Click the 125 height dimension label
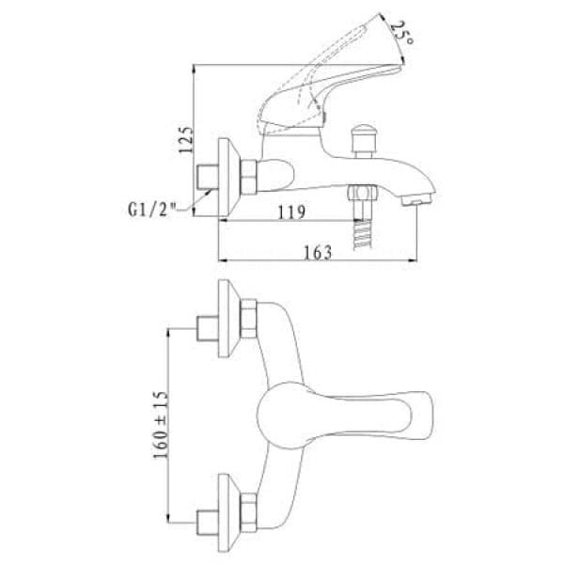coord(186,140)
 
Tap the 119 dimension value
coord(291,212)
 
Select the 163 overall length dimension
coord(318,252)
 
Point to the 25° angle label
coord(401,33)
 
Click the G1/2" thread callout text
coord(152,210)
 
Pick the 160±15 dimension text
coord(161,425)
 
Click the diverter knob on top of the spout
coord(363,140)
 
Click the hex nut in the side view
coord(248,177)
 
